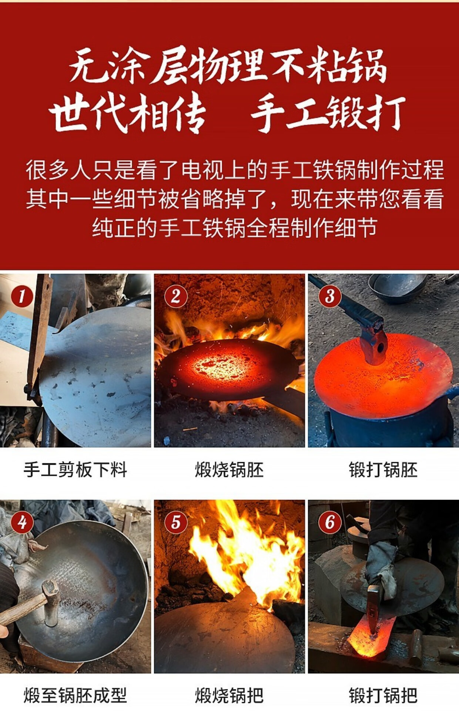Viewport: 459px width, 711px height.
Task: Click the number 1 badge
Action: pos(21,296)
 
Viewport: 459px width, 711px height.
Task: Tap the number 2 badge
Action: pos(175,296)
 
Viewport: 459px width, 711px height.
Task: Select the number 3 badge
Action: pos(330,296)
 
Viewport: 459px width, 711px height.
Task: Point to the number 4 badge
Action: pos(21,523)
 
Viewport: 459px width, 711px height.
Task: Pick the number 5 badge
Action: pos(175,523)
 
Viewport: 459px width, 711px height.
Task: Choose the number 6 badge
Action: pos(330,523)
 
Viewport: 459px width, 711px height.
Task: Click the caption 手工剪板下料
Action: pos(76,470)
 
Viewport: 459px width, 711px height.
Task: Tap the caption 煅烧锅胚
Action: pos(229,470)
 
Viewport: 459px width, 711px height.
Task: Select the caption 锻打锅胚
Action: pos(383,470)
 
